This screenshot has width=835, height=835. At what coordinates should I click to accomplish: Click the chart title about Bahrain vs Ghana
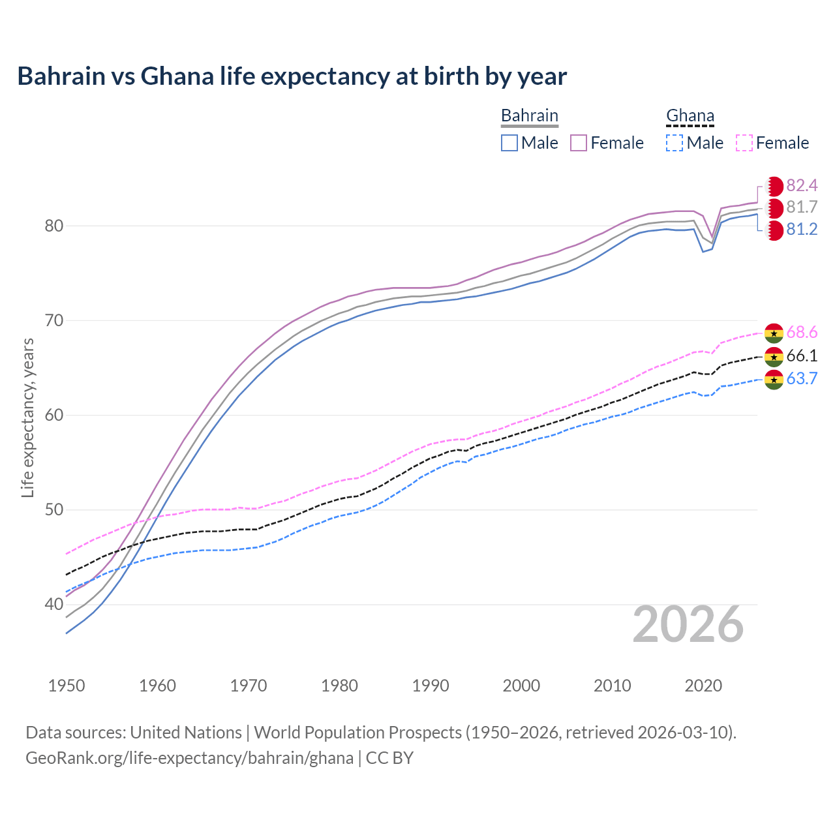[x=292, y=76]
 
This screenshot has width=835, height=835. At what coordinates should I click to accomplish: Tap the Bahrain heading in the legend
[x=529, y=115]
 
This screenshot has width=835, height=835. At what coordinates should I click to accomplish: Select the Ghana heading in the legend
[x=690, y=115]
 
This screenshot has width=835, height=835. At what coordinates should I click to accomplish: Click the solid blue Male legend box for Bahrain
[x=509, y=143]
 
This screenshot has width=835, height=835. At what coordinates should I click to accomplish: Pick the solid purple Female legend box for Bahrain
[x=579, y=143]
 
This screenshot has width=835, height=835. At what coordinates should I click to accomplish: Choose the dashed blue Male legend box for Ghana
[x=675, y=143]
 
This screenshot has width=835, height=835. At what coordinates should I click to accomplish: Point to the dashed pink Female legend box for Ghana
[x=744, y=143]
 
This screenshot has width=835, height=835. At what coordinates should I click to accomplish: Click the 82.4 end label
[x=802, y=185]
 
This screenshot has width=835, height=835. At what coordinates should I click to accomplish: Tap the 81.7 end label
[x=802, y=207]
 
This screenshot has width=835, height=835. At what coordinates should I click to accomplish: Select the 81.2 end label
[x=802, y=230]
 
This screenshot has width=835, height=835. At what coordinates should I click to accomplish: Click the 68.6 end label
[x=802, y=333]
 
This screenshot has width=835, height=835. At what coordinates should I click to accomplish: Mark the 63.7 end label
[x=802, y=379]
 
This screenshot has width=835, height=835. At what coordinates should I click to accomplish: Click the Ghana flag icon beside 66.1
[x=774, y=356]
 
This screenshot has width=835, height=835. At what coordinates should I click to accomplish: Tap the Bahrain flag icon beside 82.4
[x=774, y=186]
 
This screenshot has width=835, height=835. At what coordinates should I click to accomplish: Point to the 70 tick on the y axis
[x=54, y=320]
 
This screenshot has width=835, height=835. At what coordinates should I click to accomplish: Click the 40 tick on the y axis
[x=54, y=605]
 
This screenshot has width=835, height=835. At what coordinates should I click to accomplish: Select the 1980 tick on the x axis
[x=339, y=686]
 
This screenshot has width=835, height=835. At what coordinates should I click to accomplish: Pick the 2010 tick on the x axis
[x=612, y=686]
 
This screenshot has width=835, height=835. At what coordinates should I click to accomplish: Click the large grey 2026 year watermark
[x=688, y=624]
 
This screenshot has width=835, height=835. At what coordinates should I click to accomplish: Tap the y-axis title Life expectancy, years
[x=27, y=417]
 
